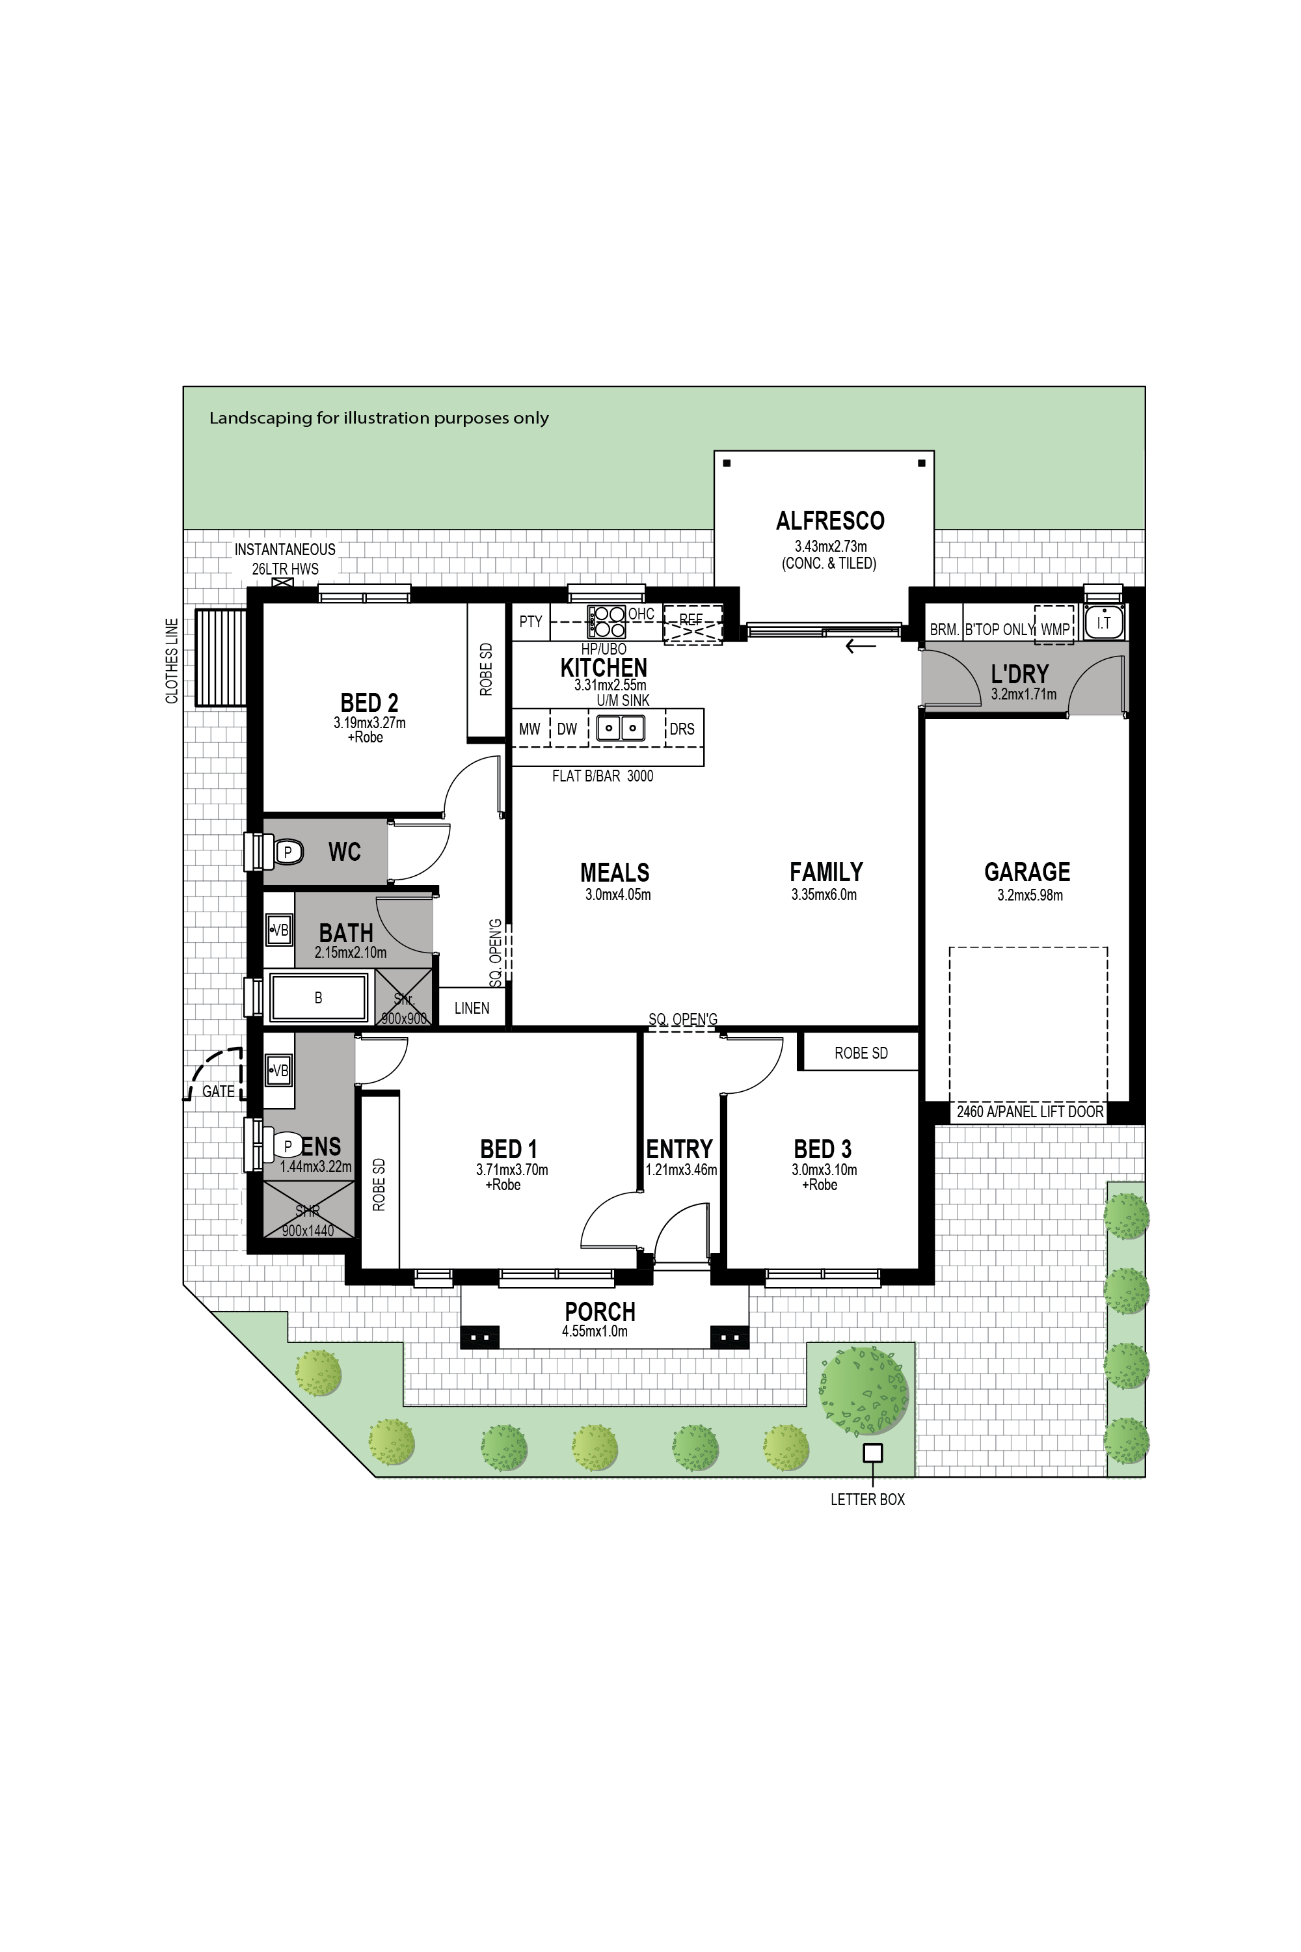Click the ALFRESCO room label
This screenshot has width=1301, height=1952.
(830, 521)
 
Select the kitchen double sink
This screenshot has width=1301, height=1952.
(621, 729)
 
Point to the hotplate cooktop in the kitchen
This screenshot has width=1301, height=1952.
(606, 621)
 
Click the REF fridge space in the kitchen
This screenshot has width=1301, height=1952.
(693, 623)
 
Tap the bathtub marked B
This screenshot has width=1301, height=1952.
(318, 998)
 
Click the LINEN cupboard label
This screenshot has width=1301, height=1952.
(471, 1009)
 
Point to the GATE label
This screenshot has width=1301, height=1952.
(218, 1091)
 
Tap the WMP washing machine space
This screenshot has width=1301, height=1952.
(1054, 629)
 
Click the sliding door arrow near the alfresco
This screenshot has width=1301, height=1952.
(861, 647)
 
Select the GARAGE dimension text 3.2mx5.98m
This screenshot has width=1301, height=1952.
(1030, 895)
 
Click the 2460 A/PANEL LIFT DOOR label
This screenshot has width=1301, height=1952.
(1030, 1111)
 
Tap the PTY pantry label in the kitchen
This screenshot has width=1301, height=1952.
(530, 621)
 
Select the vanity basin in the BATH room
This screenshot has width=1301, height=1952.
(279, 930)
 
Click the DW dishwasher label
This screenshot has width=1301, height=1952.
(567, 729)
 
